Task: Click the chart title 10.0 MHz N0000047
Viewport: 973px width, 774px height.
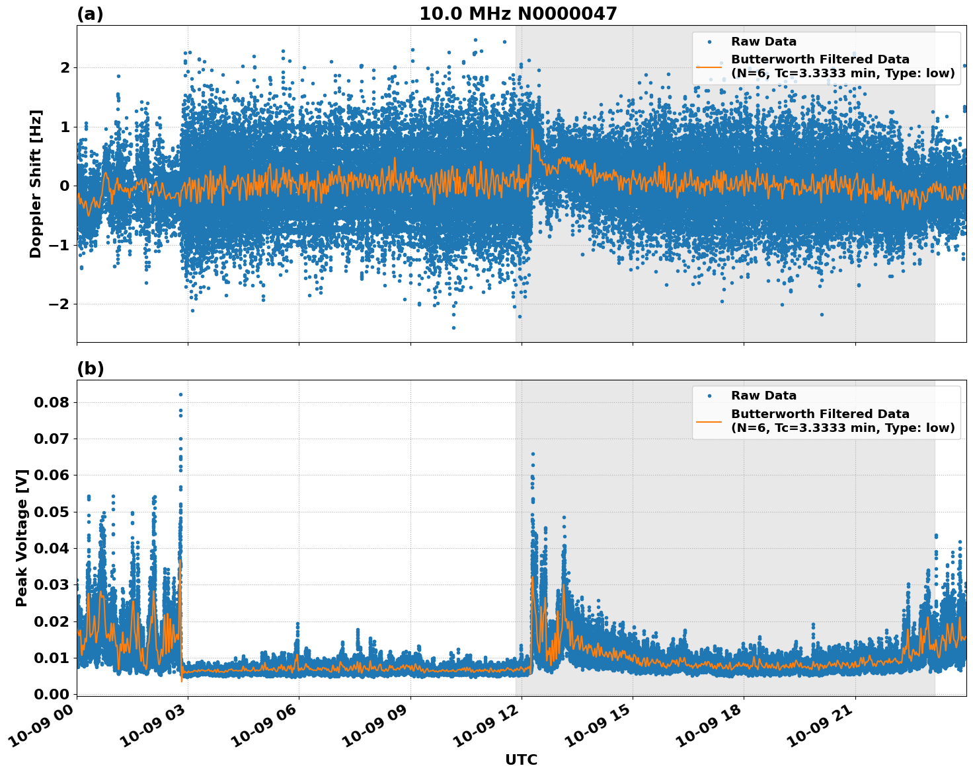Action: [518, 14]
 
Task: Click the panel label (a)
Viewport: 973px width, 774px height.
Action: [90, 14]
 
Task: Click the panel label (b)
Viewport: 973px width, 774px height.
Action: [90, 369]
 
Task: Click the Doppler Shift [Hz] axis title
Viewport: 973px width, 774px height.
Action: [36, 184]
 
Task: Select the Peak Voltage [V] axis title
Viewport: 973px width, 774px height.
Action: [22, 538]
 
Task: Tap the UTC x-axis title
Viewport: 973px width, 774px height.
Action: [521, 759]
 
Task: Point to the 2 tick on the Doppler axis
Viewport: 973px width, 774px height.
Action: [65, 67]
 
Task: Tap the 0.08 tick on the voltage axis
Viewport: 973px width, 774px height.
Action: [55, 402]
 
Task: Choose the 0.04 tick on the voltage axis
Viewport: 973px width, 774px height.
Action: [55, 548]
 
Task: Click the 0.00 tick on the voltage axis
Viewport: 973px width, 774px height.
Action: [55, 694]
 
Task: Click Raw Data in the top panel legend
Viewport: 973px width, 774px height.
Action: [763, 42]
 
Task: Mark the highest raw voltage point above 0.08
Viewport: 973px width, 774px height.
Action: [180, 394]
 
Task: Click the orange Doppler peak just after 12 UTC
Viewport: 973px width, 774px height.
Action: [532, 129]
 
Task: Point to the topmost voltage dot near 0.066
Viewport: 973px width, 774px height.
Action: [533, 454]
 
